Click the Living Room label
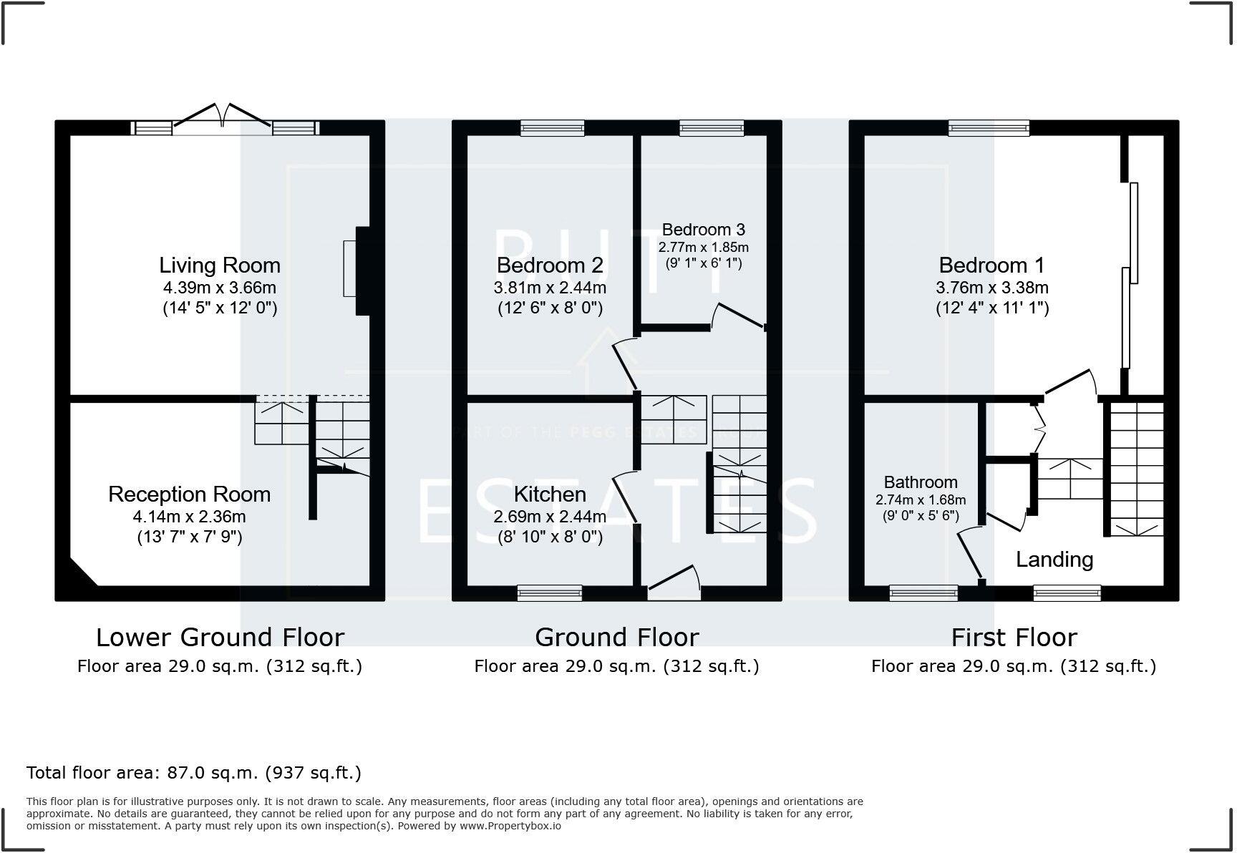(x=219, y=265)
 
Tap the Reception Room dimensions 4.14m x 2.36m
(x=189, y=517)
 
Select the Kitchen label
(x=550, y=494)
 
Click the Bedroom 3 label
(x=703, y=230)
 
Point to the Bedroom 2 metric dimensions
(x=550, y=288)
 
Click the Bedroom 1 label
(x=991, y=265)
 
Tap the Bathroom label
(x=921, y=482)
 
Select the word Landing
(x=1054, y=560)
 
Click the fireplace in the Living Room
(x=356, y=270)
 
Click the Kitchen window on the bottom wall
(x=550, y=593)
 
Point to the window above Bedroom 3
(x=712, y=128)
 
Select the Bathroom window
(x=923, y=593)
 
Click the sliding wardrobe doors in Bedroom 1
(x=1130, y=272)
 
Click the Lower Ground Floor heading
(x=220, y=637)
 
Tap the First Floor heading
(x=1014, y=637)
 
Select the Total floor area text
(x=193, y=773)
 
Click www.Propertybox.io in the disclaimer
(x=510, y=826)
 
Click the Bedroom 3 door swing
(x=737, y=316)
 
